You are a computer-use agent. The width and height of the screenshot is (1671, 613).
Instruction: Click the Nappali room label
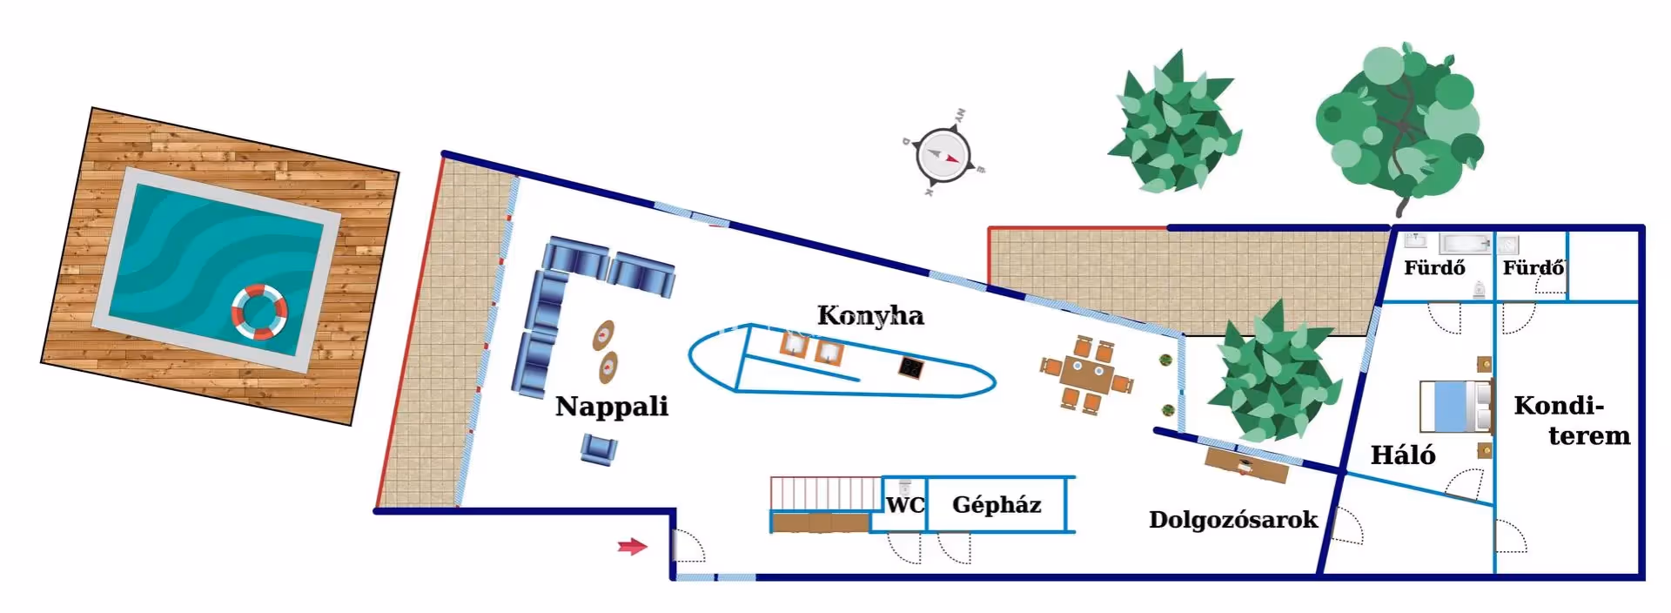pyautogui.click(x=612, y=407)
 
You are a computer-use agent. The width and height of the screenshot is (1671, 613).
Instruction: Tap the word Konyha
pyautogui.click(x=870, y=315)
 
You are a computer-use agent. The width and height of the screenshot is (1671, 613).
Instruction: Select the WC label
pyautogui.click(x=905, y=505)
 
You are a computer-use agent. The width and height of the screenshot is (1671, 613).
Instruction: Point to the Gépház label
pyautogui.click(x=997, y=505)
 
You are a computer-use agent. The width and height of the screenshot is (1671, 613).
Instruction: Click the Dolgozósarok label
pyautogui.click(x=1232, y=520)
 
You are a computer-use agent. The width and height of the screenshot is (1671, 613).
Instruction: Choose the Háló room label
pyautogui.click(x=1402, y=455)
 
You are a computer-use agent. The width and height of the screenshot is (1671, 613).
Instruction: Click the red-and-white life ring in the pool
pyautogui.click(x=259, y=311)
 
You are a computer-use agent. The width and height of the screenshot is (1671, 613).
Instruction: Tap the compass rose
pyautogui.click(x=943, y=157)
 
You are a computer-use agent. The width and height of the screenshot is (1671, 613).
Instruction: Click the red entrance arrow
pyautogui.click(x=633, y=547)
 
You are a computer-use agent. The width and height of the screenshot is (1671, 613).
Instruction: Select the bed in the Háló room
pyautogui.click(x=1455, y=407)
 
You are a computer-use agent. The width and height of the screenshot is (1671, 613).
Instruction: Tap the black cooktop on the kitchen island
pyautogui.click(x=911, y=367)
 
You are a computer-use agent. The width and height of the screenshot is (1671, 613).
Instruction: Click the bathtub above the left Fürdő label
pyautogui.click(x=1464, y=243)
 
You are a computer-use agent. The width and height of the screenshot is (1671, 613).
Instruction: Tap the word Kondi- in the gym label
pyautogui.click(x=1558, y=406)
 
